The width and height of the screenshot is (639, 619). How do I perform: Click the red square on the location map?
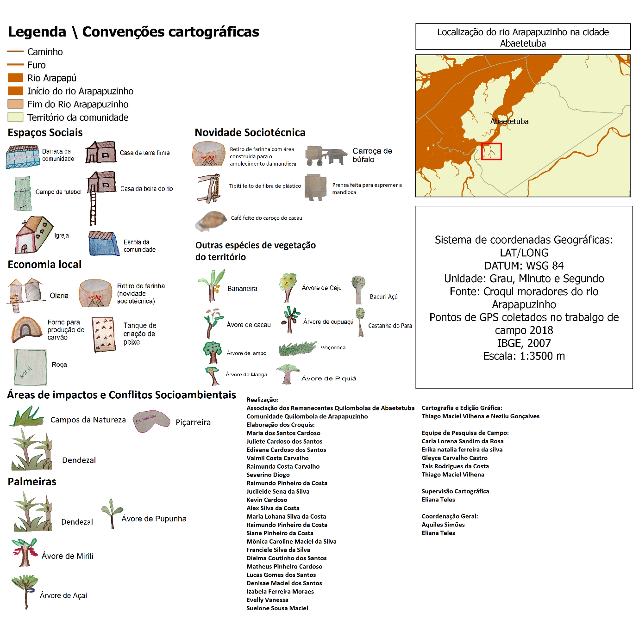click(491, 151)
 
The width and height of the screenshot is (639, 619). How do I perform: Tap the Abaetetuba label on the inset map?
click(509, 121)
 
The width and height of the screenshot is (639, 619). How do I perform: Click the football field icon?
click(22, 193)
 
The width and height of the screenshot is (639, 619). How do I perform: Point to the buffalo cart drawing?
click(326, 156)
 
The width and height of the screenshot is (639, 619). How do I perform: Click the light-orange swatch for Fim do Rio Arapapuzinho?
click(15, 104)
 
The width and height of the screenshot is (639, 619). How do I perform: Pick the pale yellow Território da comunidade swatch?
click(15, 117)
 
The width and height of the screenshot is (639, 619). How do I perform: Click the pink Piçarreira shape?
click(150, 421)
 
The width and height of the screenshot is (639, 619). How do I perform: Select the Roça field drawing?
click(30, 367)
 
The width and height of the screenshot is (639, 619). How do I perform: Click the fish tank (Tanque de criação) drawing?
click(103, 335)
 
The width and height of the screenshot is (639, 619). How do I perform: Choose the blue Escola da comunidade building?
click(104, 244)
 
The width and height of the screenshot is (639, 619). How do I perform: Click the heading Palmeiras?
click(32, 482)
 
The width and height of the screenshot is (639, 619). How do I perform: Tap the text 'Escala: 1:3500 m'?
click(524, 356)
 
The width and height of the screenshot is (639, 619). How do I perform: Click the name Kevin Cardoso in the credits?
click(267, 500)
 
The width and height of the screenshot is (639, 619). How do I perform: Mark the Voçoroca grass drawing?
click(297, 348)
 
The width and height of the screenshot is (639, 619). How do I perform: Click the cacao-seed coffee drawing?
click(211, 221)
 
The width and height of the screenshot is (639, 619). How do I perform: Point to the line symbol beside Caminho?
click(15, 51)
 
